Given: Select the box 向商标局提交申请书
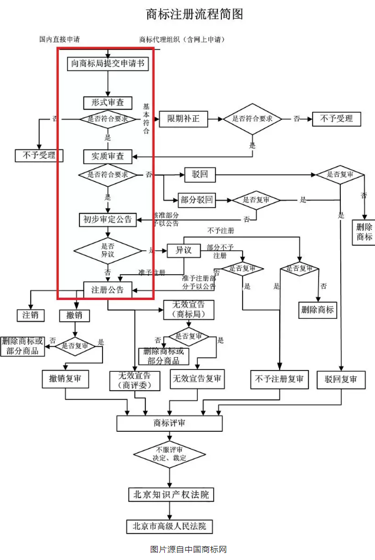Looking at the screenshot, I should pos(108,64).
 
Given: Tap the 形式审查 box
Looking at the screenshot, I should pos(108,102).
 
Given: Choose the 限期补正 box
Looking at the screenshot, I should pos(183,119).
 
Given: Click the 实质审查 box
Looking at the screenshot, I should pos(108,156).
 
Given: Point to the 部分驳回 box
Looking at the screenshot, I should pos(197,200).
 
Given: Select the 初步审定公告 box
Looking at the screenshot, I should pos(108,219).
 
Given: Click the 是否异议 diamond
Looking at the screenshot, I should pos(108,251).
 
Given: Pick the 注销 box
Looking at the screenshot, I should pos(31,315).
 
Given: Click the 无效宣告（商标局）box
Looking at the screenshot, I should pos(188,309).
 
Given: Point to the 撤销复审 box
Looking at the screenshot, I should pos(65,379).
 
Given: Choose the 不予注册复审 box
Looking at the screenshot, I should pos(280,379).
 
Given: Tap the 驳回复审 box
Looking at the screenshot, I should pos(341,379).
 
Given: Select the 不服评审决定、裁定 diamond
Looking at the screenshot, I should pos(170,455).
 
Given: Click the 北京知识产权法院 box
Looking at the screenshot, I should pos(170,494).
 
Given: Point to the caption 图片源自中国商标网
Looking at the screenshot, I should pos(188,549).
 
